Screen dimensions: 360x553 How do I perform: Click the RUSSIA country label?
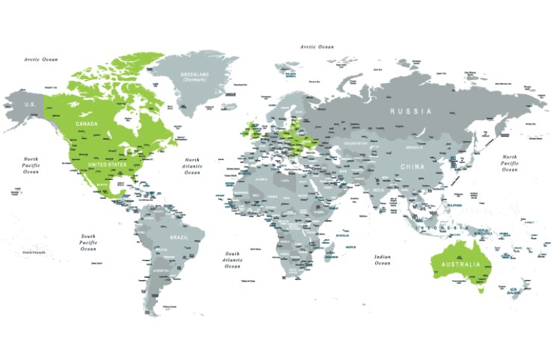click(x=410, y=111)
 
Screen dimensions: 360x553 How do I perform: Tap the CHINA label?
click(x=412, y=167)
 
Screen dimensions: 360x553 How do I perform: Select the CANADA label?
click(x=88, y=122)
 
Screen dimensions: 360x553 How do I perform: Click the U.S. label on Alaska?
click(x=30, y=105)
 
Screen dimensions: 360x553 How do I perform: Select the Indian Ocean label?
click(x=382, y=259)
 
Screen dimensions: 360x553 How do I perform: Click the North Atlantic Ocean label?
click(x=193, y=166)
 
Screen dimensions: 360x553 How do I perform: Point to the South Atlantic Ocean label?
click(x=232, y=259)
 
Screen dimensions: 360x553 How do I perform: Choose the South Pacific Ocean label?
click(x=88, y=242)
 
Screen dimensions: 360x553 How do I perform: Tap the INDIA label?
click(x=379, y=190)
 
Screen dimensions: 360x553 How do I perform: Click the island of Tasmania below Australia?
click(x=481, y=290)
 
